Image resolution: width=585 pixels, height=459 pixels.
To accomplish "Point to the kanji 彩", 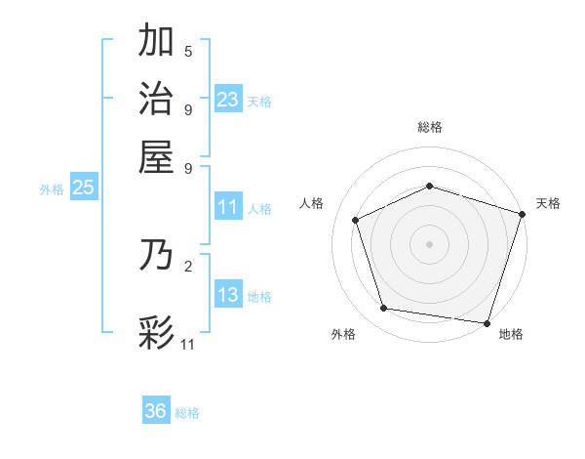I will click(157, 332).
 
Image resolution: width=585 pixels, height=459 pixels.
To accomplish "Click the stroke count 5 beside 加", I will click(188, 51).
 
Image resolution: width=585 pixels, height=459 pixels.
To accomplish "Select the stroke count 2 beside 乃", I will click(188, 265).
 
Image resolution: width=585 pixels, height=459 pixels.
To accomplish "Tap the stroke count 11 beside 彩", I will click(188, 344).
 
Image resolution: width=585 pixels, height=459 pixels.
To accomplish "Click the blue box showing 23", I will click(228, 99).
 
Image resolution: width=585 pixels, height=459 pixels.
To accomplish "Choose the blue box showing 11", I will click(228, 207).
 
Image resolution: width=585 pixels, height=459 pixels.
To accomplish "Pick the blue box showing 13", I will click(228, 295).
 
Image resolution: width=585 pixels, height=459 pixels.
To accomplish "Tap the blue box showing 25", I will click(83, 188).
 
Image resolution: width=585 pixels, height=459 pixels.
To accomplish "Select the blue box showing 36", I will click(156, 411).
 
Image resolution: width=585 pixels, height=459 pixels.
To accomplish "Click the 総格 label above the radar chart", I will click(429, 127).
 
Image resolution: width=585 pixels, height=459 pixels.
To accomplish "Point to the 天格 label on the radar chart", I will click(548, 203).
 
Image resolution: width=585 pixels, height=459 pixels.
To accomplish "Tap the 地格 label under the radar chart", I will click(511, 335).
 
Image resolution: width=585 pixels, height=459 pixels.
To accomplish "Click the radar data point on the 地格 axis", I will click(487, 322).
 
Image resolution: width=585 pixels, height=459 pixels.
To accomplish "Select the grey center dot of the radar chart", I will click(429, 243).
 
